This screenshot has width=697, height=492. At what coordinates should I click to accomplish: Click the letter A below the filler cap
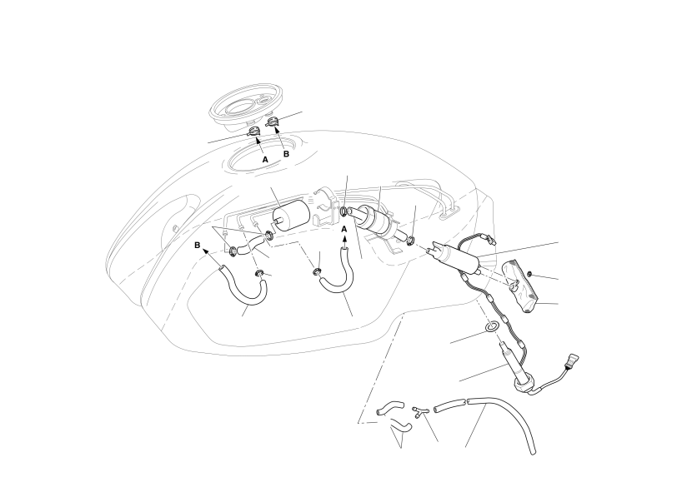pyautogui.click(x=265, y=159)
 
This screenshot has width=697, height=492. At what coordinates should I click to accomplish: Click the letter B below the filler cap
pyautogui.click(x=286, y=154)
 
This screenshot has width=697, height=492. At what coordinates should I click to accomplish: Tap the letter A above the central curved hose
pyautogui.click(x=344, y=229)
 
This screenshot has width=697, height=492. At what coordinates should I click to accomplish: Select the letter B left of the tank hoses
pyautogui.click(x=198, y=245)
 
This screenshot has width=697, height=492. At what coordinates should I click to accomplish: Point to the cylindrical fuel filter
pyautogui.click(x=290, y=216)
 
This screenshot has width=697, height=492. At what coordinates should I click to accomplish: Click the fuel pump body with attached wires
pyautogui.click(x=454, y=257)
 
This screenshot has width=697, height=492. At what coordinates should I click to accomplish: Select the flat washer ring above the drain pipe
pyautogui.click(x=490, y=327)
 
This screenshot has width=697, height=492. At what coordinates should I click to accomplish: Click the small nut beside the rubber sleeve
pyautogui.click(x=529, y=274)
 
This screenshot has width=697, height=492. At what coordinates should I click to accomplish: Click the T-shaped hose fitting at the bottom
pyautogui.click(x=419, y=410)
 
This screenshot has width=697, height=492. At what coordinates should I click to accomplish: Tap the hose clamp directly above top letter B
pyautogui.click(x=273, y=122)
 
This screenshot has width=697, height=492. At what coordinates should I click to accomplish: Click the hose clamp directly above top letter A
pyautogui.click(x=253, y=132)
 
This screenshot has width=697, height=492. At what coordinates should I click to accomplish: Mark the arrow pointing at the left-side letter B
pyautogui.click(x=213, y=258)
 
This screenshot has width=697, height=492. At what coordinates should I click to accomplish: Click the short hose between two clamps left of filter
pyautogui.click(x=251, y=245)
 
